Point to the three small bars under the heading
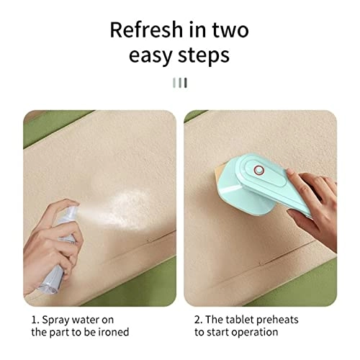tap(180, 83)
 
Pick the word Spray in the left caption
tap(55, 319)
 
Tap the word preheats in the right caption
tap(279, 319)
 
